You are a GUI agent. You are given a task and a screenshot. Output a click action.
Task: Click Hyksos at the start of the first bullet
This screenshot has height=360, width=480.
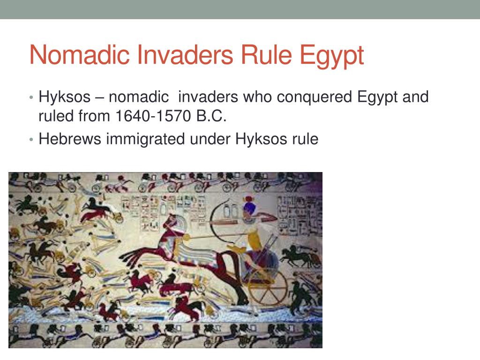click(x=64, y=97)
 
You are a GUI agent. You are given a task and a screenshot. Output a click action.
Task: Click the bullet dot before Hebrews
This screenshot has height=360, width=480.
click(x=31, y=140)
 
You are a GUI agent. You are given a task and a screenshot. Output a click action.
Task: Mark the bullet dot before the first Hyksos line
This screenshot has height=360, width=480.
click(x=31, y=98)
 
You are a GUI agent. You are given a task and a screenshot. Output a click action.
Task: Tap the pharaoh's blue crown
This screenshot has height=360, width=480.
click(x=249, y=208)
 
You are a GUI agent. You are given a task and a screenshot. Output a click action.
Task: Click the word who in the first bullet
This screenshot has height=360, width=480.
click(x=257, y=97)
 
